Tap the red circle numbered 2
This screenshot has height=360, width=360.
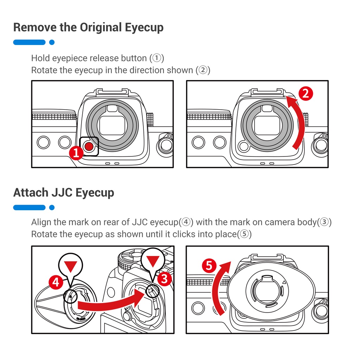coord(306,94)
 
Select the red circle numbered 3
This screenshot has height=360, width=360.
coord(164,279)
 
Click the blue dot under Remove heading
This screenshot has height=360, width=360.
coord(52,43)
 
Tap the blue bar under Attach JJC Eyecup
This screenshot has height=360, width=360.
coord(30,208)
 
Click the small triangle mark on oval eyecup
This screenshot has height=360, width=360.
coord(284,282)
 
